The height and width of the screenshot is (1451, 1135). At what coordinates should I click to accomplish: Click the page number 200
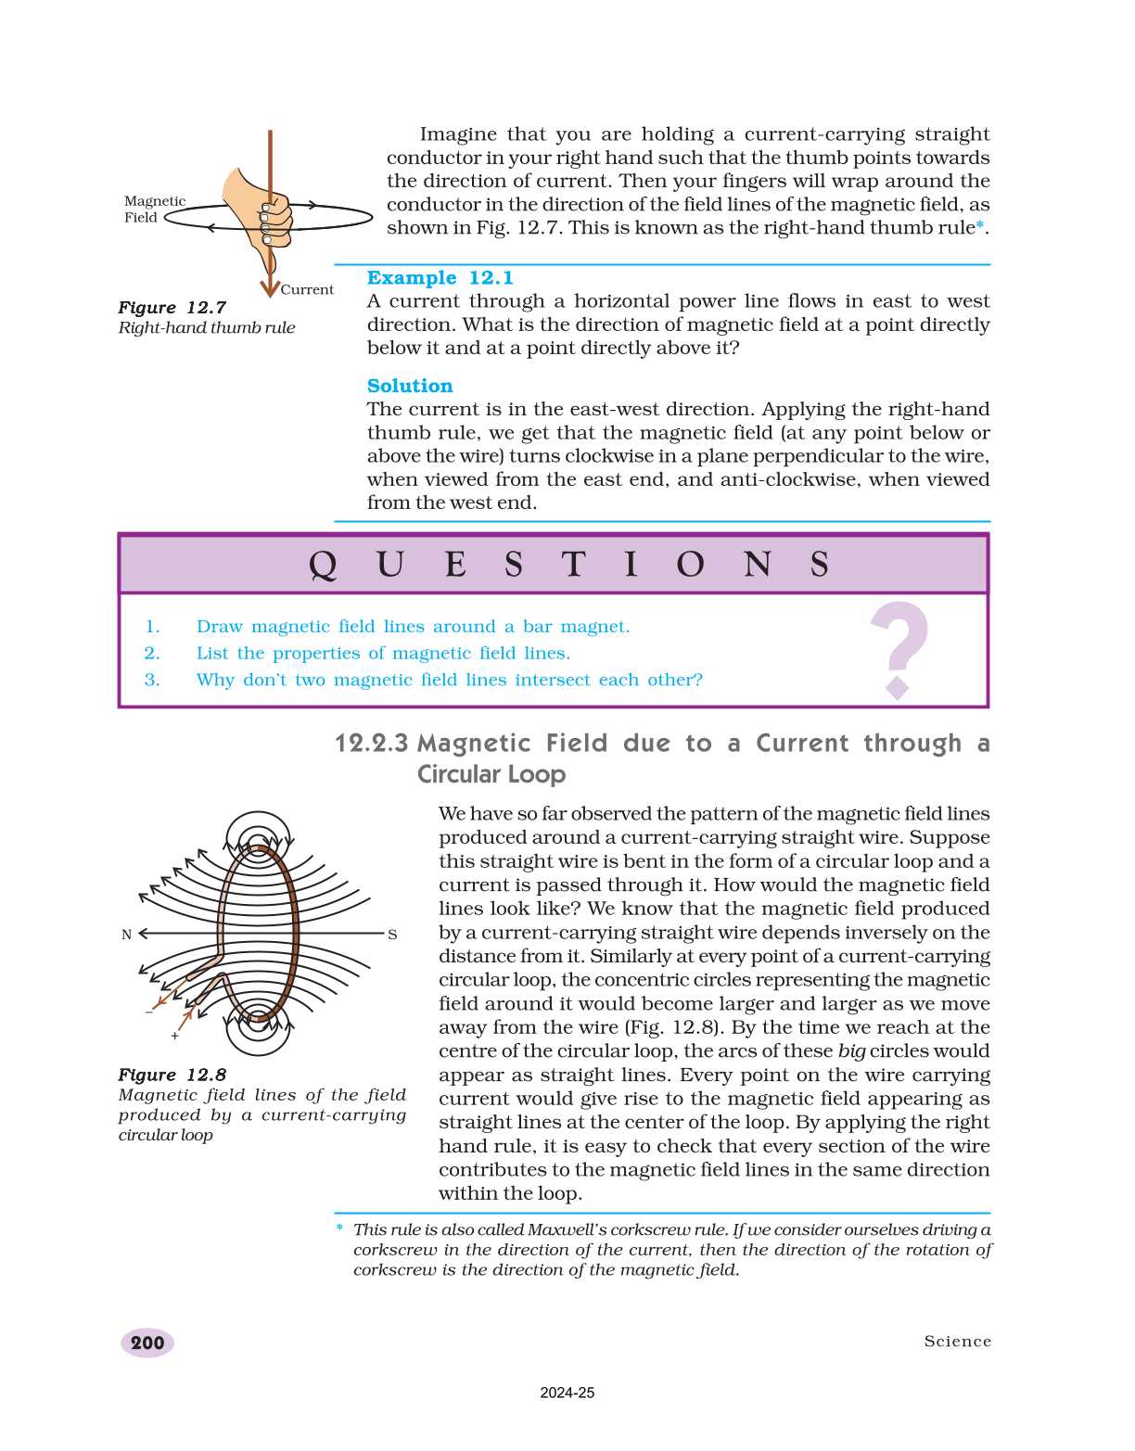[x=147, y=1343]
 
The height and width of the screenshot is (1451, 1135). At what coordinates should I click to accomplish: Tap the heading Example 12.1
[x=440, y=278]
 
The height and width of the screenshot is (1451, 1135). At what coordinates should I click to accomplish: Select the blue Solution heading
[x=410, y=386]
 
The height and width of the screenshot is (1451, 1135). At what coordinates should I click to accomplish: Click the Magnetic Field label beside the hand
[x=154, y=209]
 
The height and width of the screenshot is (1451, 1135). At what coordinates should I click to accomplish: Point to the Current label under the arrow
[x=307, y=289]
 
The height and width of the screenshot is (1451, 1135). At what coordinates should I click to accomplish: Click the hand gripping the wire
[x=259, y=210]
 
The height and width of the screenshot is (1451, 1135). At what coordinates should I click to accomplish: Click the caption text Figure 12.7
[x=172, y=308]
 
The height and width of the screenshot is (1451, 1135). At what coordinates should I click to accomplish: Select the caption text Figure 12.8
[x=172, y=1075]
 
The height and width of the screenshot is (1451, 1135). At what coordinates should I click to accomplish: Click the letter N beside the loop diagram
[x=127, y=935]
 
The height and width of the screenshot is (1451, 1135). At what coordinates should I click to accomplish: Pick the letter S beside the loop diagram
[x=392, y=935]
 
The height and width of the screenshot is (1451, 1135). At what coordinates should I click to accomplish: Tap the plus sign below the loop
[x=174, y=1036]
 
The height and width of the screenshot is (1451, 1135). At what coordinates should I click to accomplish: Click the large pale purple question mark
[x=899, y=648]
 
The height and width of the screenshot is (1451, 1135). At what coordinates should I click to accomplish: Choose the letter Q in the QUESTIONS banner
[x=322, y=564]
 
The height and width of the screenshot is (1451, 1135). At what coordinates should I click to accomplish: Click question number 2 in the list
[x=152, y=654]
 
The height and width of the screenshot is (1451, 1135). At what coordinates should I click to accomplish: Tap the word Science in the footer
[x=957, y=1342]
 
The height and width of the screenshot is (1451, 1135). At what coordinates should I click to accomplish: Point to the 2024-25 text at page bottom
[x=567, y=1393]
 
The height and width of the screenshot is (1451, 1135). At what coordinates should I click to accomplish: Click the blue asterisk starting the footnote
[x=339, y=1229]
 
